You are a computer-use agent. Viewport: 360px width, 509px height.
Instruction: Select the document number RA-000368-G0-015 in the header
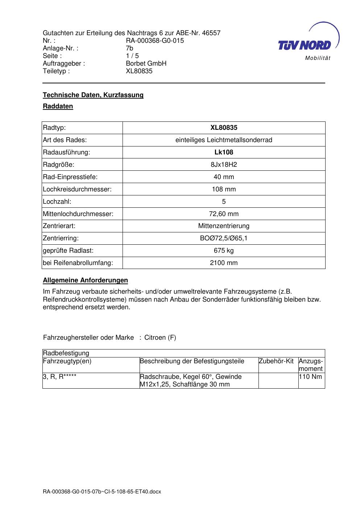[155, 41]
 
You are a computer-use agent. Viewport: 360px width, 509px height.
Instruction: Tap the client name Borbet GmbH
[146, 63]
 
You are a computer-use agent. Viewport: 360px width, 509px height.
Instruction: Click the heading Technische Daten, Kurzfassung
[93, 95]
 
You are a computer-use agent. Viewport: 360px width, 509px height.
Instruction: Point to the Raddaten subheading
[58, 106]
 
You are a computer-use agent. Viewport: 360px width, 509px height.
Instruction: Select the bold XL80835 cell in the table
[224, 128]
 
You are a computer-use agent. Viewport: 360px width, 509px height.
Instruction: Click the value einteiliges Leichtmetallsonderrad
[224, 140]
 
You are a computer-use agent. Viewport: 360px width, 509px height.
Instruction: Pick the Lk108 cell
[224, 152]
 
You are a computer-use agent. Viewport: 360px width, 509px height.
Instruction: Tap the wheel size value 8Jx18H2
[224, 165]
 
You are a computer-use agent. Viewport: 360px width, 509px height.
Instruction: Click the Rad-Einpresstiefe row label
[70, 177]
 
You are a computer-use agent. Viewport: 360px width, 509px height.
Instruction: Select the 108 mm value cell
[224, 189]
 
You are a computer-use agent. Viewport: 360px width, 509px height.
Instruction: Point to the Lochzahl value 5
[224, 202]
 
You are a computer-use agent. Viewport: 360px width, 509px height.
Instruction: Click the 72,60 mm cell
[224, 214]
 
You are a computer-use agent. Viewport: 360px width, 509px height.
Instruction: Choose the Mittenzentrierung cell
[224, 226]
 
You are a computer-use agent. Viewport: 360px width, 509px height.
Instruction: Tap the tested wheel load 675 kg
[224, 251]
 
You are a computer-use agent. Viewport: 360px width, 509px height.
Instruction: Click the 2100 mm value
[224, 263]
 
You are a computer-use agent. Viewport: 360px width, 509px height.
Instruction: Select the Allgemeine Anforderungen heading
[86, 280]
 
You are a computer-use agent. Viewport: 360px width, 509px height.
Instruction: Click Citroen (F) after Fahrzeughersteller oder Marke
[160, 338]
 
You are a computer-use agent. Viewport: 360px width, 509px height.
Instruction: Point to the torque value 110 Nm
[311, 377]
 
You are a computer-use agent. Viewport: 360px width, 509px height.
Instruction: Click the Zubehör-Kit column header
[276, 361]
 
